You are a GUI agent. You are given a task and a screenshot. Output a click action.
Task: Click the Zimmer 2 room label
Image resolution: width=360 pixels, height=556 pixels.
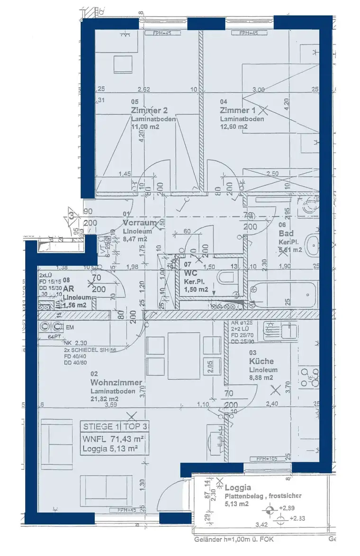pyautogui.click(x=149, y=110)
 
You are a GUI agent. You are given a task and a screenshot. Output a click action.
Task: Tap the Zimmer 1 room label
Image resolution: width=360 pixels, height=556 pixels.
pyautogui.click(x=238, y=110)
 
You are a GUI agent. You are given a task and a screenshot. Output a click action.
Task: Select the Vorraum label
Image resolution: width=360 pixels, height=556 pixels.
pyautogui.click(x=139, y=223)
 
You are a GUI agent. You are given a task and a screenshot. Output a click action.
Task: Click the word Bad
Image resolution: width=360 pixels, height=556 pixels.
pyautogui.click(x=286, y=233)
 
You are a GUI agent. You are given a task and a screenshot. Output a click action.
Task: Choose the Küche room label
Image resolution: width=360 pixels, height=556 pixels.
pyautogui.click(x=261, y=361)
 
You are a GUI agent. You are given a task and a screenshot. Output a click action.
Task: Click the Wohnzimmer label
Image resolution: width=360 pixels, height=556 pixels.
pyautogui.click(x=117, y=382)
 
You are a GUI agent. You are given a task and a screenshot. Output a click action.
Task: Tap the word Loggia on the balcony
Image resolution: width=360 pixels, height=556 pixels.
pyautogui.click(x=238, y=487)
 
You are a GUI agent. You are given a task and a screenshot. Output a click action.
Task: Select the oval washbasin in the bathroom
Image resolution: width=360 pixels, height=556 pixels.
pyautogui.click(x=313, y=245)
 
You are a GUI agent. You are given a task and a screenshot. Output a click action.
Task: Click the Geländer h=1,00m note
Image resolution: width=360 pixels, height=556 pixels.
pyautogui.click(x=234, y=539)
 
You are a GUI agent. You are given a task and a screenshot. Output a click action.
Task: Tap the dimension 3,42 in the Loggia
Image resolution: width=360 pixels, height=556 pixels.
pyautogui.click(x=262, y=525)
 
